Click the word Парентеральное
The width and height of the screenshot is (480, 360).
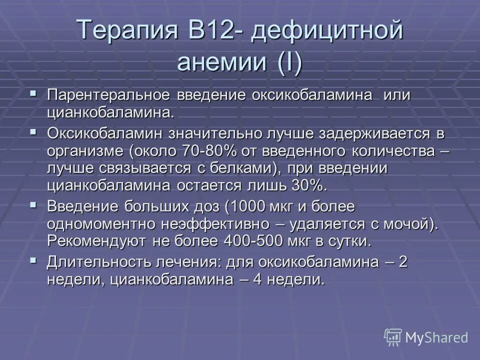coord(110,96)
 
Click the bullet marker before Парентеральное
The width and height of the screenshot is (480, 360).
coord(33,93)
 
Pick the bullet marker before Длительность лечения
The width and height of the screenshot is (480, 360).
coord(33,260)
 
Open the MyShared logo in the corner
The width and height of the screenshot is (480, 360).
coord(425,337)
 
